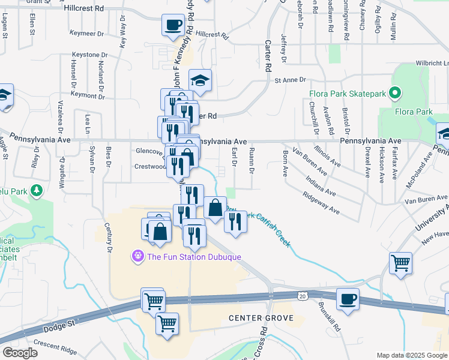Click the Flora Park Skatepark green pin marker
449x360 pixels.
pyautogui.click(x=394, y=93)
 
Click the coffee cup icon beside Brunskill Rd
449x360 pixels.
pyautogui.click(x=348, y=298)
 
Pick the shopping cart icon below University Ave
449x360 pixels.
pyautogui.click(x=400, y=263)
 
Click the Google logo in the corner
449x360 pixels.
pyautogui.click(x=19, y=353)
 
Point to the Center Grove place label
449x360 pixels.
pyautogui.click(x=261, y=317)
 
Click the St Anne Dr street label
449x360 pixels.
pyautogui.click(x=290, y=80)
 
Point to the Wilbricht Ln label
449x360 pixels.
pyautogui.click(x=432, y=63)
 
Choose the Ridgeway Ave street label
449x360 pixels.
pyautogui.click(x=321, y=203)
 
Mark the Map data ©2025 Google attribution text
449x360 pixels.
pyautogui.click(x=411, y=355)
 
